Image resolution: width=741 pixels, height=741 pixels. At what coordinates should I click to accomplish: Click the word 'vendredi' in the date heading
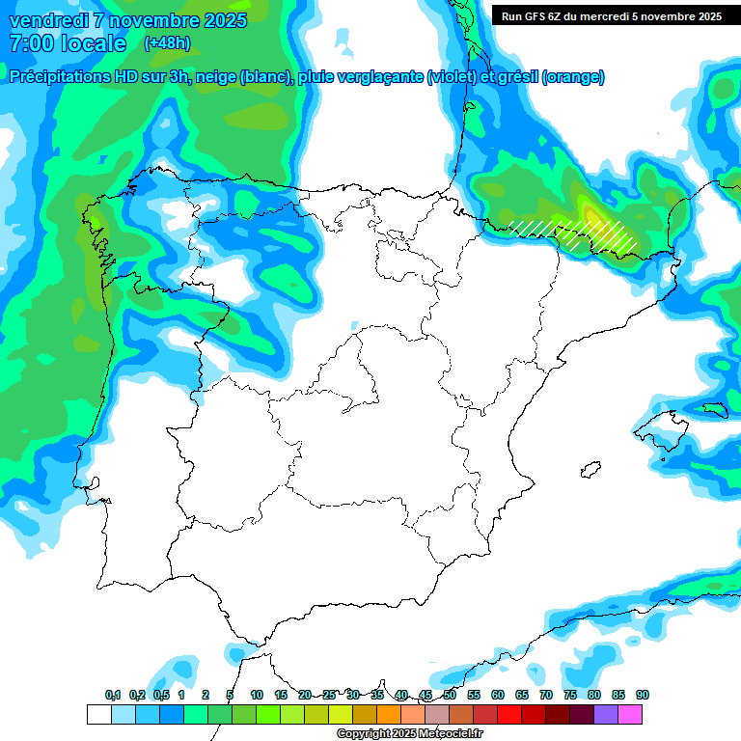pyautogui.click(x=47, y=20)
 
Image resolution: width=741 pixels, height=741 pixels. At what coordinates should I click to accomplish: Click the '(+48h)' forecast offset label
pyautogui.click(x=167, y=42)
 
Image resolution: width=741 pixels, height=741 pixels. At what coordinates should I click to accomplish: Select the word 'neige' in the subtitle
pyautogui.click(x=218, y=77)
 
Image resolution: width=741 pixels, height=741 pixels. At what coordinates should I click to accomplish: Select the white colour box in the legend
pyautogui.click(x=98, y=715)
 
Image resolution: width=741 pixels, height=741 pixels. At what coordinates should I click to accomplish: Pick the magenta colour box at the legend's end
pyautogui.click(x=629, y=715)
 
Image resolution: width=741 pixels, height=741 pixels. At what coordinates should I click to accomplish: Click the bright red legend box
pyautogui.click(x=508, y=715)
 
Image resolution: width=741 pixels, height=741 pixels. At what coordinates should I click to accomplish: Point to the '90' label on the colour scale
pyautogui.click(x=643, y=695)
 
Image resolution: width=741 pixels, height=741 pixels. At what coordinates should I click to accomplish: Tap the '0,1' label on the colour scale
pyautogui.click(x=113, y=695)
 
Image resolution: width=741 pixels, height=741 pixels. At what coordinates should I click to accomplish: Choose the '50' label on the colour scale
pyautogui.click(x=450, y=695)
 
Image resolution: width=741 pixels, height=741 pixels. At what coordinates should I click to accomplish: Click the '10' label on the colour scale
pyautogui.click(x=257, y=695)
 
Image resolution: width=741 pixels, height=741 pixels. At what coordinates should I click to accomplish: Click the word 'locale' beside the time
pyautogui.click(x=93, y=43)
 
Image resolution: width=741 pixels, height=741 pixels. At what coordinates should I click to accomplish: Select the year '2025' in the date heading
pyautogui.click(x=224, y=20)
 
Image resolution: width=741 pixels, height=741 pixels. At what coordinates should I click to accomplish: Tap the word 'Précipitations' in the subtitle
pyautogui.click(x=68, y=77)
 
